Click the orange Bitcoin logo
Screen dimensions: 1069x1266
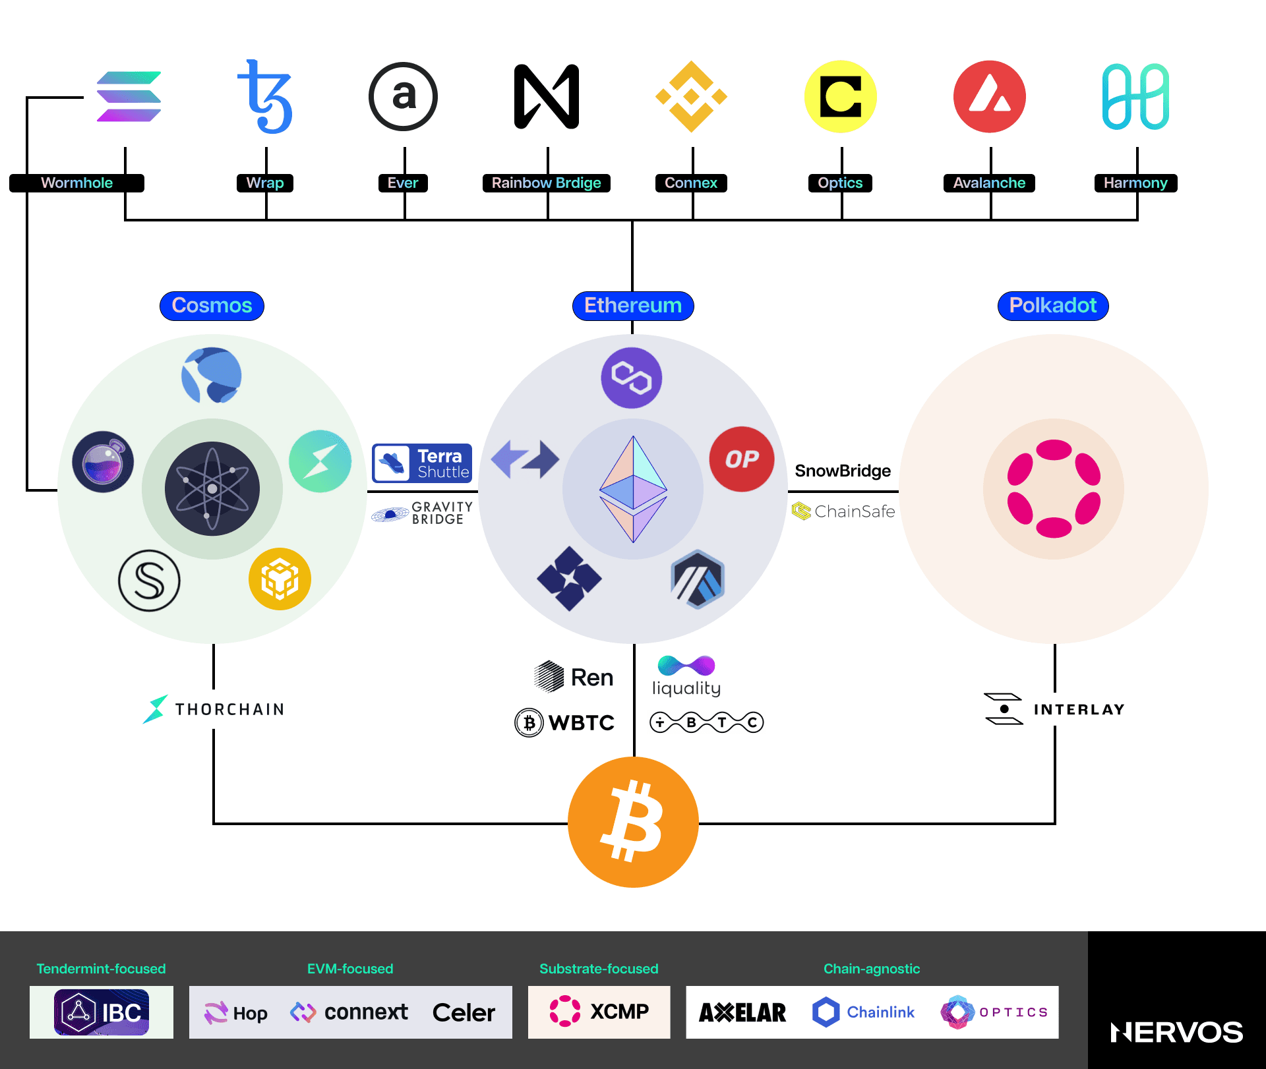(x=633, y=822)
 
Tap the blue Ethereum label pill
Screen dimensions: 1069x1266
(x=633, y=306)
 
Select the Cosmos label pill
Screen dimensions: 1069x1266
(x=212, y=306)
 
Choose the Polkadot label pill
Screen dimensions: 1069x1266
(x=1053, y=306)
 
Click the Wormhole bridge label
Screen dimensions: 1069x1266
(x=76, y=183)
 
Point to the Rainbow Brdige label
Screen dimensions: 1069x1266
(x=546, y=183)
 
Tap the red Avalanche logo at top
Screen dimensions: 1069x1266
(x=989, y=96)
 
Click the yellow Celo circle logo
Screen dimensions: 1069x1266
(x=841, y=96)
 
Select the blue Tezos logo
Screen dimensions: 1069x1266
(x=266, y=96)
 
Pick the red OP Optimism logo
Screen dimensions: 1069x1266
(x=742, y=459)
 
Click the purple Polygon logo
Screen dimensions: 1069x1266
(x=632, y=378)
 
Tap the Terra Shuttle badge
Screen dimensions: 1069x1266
(x=422, y=463)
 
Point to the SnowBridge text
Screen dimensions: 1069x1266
(x=843, y=471)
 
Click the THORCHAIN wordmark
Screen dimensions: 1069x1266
(x=229, y=709)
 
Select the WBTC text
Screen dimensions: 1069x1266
(x=581, y=722)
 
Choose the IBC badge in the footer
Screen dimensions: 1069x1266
(x=102, y=1012)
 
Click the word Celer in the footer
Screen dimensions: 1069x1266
(x=464, y=1012)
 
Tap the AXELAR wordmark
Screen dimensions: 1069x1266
(x=742, y=1012)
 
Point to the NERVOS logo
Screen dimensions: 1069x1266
(x=1176, y=1032)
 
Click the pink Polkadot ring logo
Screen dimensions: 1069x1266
(x=1054, y=488)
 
